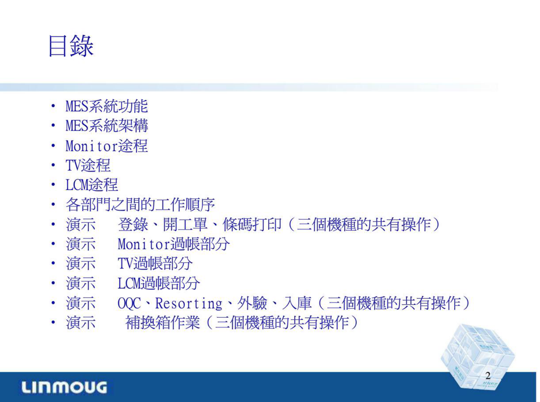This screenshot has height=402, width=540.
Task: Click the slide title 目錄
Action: tap(71, 46)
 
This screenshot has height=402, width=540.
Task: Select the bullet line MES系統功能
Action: tap(107, 106)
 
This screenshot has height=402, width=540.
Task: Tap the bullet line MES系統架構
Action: tap(107, 126)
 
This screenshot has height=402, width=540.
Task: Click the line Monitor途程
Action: tap(107, 146)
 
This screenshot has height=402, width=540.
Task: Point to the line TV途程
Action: tap(88, 166)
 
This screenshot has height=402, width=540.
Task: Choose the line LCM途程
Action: tap(92, 185)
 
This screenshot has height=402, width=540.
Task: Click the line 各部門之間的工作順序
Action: tap(140, 205)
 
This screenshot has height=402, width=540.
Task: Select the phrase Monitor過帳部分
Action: tap(174, 244)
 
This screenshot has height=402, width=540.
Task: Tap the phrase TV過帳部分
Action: tap(155, 264)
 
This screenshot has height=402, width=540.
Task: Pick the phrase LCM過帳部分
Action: tap(159, 283)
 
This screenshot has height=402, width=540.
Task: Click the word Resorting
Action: tap(189, 303)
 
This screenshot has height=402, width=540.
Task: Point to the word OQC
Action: tap(129, 303)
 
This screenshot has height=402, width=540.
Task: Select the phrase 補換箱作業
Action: tap(163, 323)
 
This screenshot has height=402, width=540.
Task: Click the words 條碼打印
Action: tap(252, 224)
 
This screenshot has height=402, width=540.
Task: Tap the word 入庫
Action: tap(297, 303)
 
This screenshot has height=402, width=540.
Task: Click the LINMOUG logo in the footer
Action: tap(64, 387)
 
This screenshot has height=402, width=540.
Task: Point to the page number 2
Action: tap(488, 376)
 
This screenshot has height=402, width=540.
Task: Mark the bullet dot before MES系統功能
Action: tap(53, 106)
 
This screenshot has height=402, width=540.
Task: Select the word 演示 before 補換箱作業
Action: tap(81, 323)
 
